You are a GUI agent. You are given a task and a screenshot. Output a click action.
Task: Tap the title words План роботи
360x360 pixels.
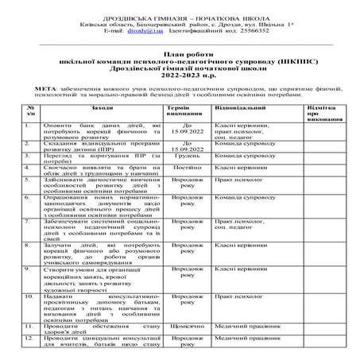coord(180,60)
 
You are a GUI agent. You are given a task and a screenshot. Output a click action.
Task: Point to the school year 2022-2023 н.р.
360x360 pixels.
coord(180,80)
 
